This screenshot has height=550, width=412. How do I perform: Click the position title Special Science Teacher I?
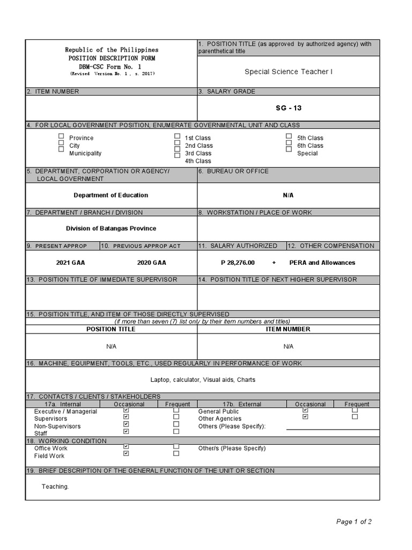(288, 71)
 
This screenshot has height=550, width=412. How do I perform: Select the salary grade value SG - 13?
(289, 108)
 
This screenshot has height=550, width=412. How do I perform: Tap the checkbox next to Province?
(61, 136)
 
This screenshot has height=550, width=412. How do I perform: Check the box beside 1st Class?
(177, 136)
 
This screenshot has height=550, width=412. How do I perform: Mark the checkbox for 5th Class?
(289, 136)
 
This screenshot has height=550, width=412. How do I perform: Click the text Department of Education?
(111, 195)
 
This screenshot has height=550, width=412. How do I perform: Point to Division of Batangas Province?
(111, 228)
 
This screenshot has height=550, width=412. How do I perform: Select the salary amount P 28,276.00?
(238, 263)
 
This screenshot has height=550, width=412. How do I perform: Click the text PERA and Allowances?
(322, 263)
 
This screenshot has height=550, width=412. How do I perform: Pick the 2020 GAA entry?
(151, 263)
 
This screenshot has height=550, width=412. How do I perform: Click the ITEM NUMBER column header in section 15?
(288, 329)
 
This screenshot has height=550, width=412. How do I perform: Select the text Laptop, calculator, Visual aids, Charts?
(203, 380)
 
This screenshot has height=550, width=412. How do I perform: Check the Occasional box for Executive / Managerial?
(126, 410)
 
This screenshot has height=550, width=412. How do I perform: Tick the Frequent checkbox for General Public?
(354, 410)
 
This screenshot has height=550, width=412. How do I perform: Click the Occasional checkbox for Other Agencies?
(305, 416)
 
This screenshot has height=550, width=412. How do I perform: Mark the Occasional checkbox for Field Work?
(126, 453)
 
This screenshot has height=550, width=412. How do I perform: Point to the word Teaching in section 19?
(55, 487)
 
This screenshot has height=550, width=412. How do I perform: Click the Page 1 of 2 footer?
(354, 522)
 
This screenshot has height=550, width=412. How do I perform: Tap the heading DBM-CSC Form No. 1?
(112, 65)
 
